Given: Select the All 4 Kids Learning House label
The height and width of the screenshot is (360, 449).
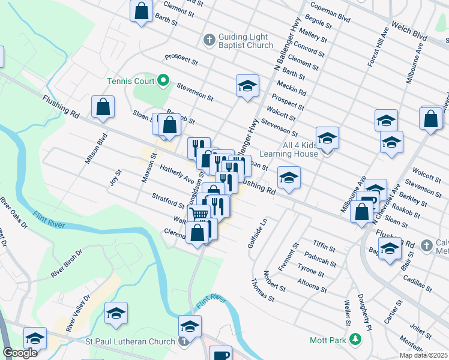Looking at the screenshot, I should [288, 149].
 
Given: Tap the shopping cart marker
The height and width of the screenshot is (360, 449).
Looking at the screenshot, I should [200, 214].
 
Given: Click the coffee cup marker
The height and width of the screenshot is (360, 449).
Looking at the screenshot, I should [221, 354].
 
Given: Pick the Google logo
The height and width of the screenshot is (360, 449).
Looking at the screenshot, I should [20, 353].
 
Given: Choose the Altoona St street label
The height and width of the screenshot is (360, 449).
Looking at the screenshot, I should [313, 284].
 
